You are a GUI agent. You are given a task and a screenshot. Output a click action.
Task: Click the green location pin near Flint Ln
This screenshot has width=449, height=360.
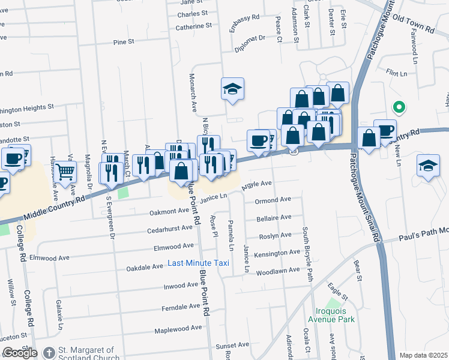coord(398,107)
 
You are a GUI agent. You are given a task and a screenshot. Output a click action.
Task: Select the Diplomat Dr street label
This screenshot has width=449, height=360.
coord(250,43)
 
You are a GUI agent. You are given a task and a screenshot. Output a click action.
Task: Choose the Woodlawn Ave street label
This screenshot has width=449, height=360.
coord(278,270)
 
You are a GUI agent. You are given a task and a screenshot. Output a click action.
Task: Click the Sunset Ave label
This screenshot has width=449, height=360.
coord(232,346)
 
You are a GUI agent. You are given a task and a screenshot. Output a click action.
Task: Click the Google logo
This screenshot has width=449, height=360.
coord(20,353)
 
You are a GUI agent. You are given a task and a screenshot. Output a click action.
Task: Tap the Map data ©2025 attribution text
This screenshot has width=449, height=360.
coord(423,355)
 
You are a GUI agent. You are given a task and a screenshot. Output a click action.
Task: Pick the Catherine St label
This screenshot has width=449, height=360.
coord(193,26)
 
